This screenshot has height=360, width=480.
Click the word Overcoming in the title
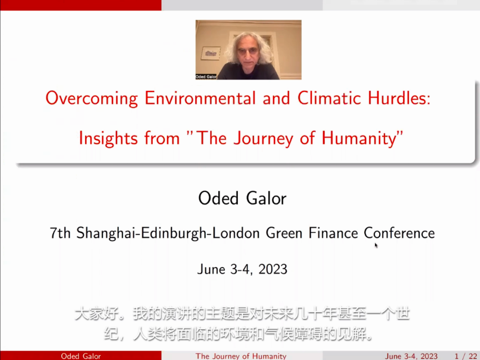91,99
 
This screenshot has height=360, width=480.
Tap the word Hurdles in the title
399,98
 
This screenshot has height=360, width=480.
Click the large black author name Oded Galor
243,198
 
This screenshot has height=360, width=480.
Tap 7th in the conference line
60,233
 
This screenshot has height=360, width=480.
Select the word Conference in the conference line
399,233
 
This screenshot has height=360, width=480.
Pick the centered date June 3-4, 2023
242,270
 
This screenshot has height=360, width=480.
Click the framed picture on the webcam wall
210,54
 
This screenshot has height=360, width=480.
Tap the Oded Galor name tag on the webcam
206,76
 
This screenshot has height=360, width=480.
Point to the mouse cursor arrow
376,245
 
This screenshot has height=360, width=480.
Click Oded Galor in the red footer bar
81,356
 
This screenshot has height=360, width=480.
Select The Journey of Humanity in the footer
241,356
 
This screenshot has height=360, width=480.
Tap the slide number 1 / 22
465,356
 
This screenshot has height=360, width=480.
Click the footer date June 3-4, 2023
411,356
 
